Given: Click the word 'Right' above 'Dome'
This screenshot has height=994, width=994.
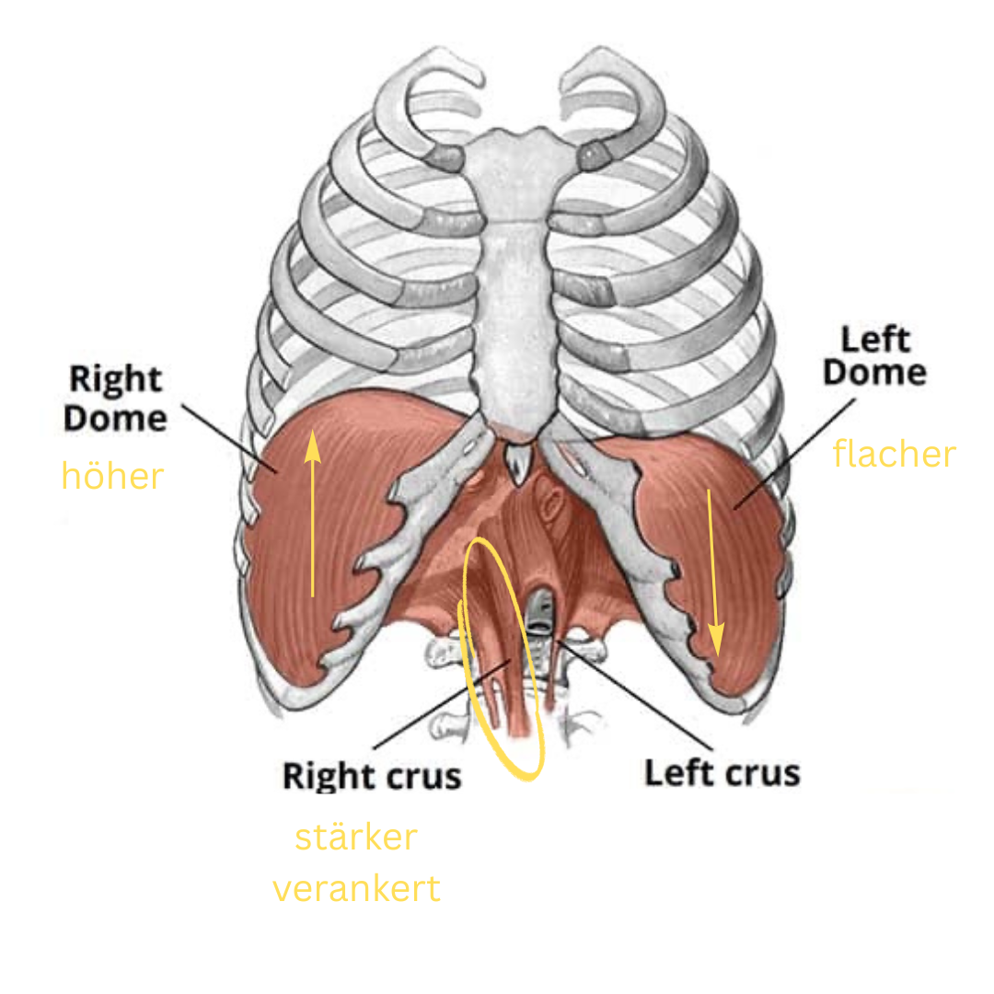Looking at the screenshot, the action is click(x=115, y=378).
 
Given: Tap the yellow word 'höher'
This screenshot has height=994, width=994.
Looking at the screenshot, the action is click(x=112, y=476).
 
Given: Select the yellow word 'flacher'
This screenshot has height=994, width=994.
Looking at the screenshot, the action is click(x=894, y=454).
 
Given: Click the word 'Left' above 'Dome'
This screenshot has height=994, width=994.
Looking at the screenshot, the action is click(x=875, y=340).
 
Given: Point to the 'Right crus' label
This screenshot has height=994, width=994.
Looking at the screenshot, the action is click(x=371, y=775).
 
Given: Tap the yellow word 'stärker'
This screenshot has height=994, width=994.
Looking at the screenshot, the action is click(x=355, y=838).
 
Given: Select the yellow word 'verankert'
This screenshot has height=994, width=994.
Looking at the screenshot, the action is click(x=356, y=889).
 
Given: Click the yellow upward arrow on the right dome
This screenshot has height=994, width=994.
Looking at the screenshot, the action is click(x=313, y=515).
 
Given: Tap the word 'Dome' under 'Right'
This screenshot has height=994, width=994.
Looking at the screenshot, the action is click(x=115, y=419).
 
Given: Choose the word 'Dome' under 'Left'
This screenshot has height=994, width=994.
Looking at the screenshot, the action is click(x=874, y=373).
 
